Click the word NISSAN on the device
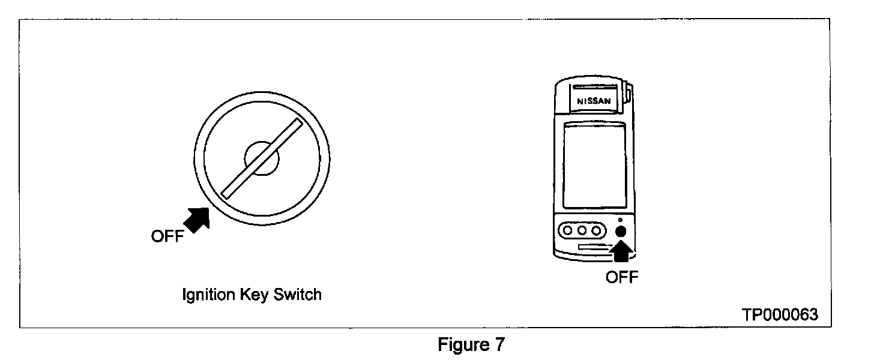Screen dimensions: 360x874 point(594,101)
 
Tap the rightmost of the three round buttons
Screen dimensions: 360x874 point(596,230)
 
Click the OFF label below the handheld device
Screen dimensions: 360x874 point(622,277)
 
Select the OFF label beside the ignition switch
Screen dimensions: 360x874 point(167,236)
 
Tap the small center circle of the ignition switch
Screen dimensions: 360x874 point(262,159)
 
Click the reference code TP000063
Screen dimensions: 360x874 point(780,315)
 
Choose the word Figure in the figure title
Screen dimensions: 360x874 point(462,345)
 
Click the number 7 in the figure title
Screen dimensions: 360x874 point(499,345)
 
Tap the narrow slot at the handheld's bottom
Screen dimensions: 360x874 point(594,247)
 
